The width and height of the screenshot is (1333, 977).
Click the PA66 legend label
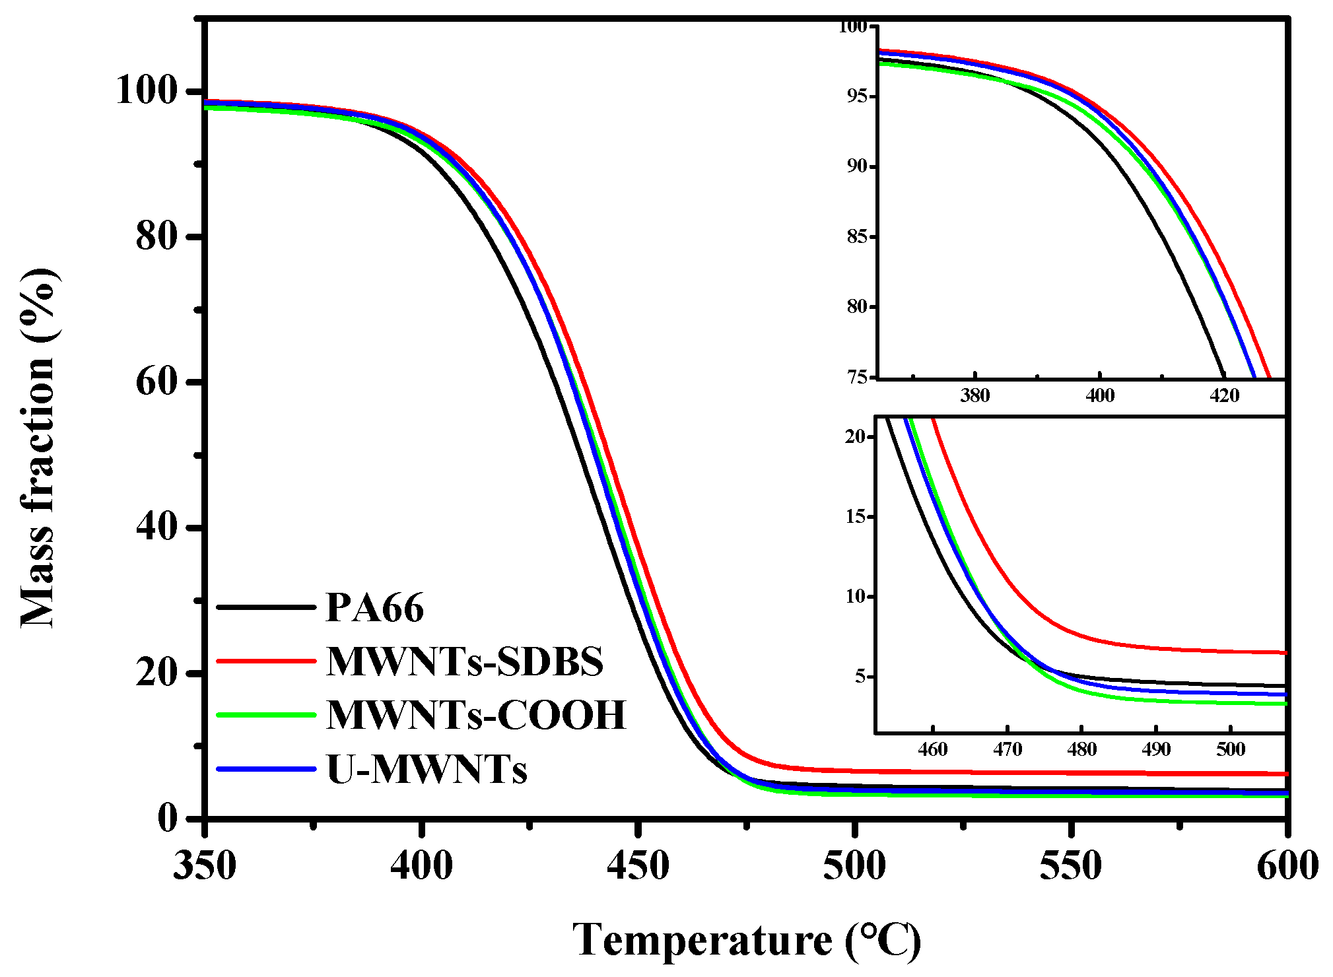click(x=374, y=607)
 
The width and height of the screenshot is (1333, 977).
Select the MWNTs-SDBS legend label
click(x=464, y=661)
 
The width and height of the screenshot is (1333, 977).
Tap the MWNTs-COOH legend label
click(x=475, y=715)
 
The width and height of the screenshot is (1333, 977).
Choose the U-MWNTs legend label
click(x=427, y=770)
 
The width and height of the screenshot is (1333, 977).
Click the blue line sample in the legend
click(x=266, y=769)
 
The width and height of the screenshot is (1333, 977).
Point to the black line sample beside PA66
click(x=266, y=607)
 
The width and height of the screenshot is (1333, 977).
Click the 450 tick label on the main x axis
click(x=637, y=866)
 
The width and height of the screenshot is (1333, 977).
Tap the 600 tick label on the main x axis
click(x=1287, y=866)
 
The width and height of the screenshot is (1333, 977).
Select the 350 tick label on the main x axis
click(x=205, y=866)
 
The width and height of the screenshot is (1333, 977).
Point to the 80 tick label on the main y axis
click(x=156, y=236)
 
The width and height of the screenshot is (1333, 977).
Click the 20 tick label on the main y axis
click(x=156, y=673)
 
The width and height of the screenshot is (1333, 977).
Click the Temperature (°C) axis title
click(x=746, y=940)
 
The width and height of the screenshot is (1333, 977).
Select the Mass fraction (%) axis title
click(x=38, y=448)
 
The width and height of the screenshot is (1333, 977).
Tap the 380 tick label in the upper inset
click(x=974, y=396)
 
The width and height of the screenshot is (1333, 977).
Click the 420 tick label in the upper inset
click(x=1223, y=396)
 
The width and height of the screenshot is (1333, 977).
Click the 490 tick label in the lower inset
click(x=1155, y=750)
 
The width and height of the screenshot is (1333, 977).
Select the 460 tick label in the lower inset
click(x=932, y=750)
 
